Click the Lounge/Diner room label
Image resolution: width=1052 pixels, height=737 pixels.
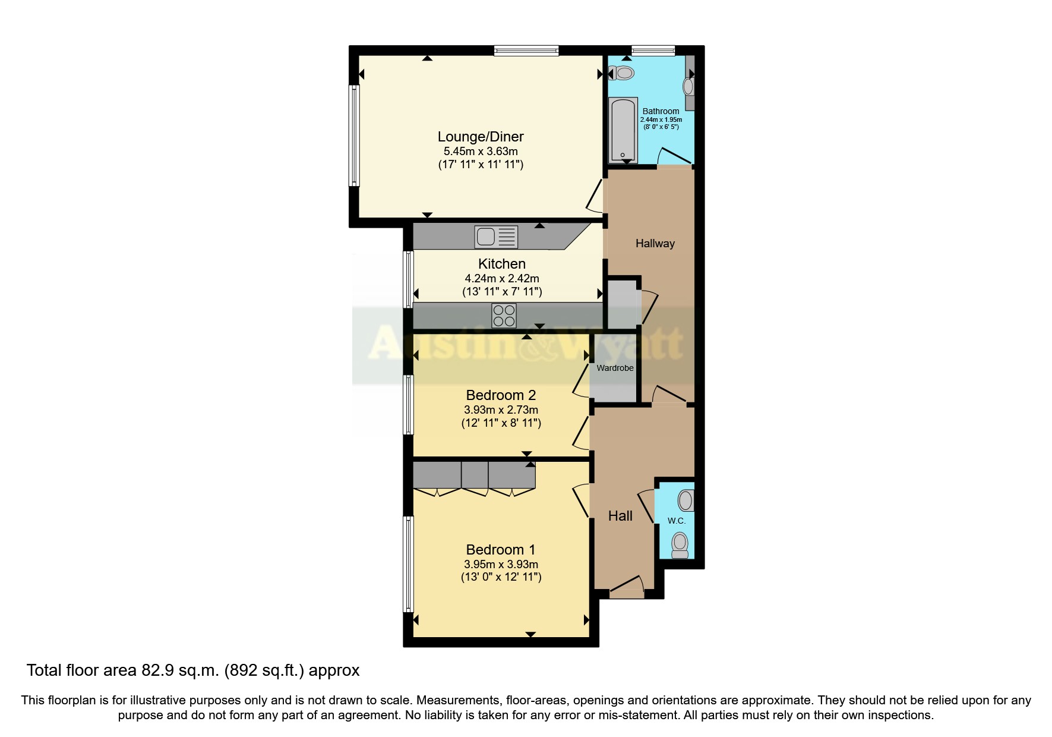pos(481,137)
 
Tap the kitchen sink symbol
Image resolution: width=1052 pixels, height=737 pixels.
pos(495,237)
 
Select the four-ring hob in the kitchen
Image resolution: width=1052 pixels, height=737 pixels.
pos(504,316)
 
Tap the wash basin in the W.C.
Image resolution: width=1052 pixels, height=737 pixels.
pos(685,500)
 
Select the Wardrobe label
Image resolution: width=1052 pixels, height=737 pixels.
pos(615,368)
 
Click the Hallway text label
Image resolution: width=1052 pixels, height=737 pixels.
pos(655,243)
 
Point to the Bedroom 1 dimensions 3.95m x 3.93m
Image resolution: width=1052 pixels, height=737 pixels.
pos(501,564)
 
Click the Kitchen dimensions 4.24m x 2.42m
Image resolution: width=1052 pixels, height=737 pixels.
pos(501,278)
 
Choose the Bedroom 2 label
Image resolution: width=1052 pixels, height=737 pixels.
pos(501,395)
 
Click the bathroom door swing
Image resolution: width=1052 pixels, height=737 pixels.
pos(675,156)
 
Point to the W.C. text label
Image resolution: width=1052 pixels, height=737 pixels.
pos(676,521)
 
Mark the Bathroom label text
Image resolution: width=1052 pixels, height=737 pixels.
pos(661,111)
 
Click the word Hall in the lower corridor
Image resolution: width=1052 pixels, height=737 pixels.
pos(620,516)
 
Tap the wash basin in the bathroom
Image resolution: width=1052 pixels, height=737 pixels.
pos(688,87)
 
